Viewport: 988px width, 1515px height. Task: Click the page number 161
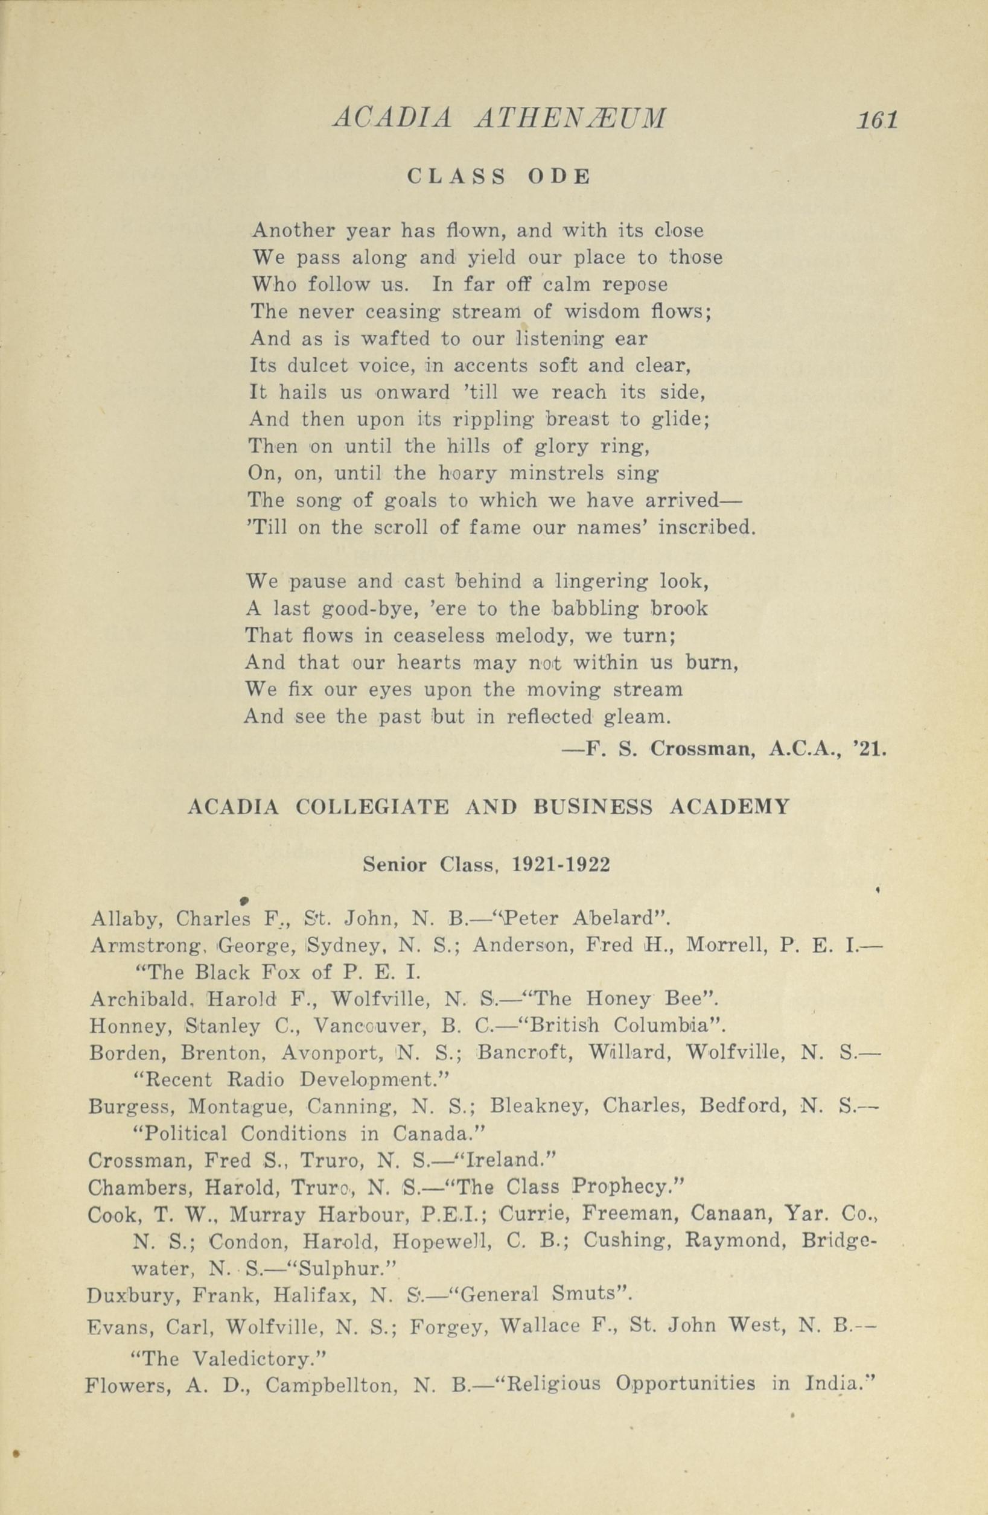tap(876, 119)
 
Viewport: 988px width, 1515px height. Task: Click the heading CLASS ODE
tap(499, 176)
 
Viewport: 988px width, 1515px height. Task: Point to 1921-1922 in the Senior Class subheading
tap(561, 865)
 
